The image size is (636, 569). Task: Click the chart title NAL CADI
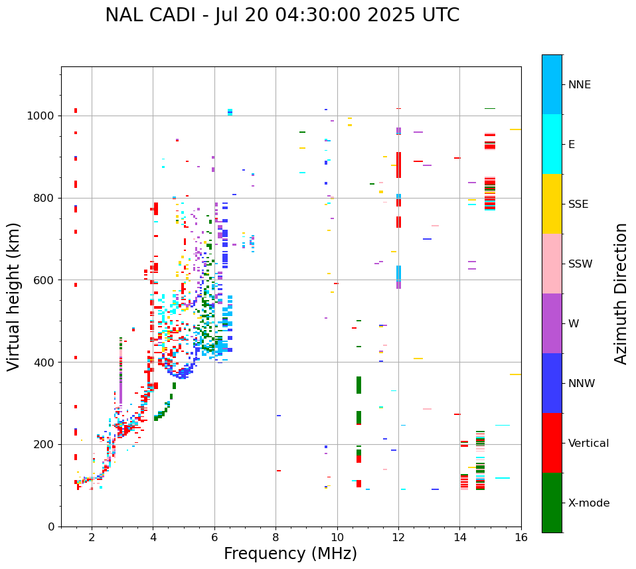click(x=281, y=15)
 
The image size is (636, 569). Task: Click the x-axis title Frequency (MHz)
click(x=290, y=554)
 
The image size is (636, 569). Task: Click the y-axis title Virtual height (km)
click(x=14, y=297)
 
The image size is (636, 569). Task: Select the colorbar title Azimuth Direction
click(x=621, y=293)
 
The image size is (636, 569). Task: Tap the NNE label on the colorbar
click(x=579, y=85)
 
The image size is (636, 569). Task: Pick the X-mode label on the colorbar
click(x=588, y=503)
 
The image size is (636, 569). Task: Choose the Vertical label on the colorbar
click(x=588, y=444)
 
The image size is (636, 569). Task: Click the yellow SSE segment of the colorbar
click(x=552, y=204)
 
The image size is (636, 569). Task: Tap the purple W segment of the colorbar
click(x=552, y=323)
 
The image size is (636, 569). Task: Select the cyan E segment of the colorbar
click(x=552, y=144)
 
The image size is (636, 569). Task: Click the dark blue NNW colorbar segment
click(x=552, y=383)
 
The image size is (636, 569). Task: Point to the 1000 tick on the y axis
click(x=43, y=116)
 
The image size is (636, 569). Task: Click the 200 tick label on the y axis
click(x=46, y=445)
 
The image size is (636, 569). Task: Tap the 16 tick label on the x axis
click(x=521, y=537)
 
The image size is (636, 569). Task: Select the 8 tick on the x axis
click(x=276, y=537)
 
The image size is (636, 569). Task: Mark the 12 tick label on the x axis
click(x=398, y=537)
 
